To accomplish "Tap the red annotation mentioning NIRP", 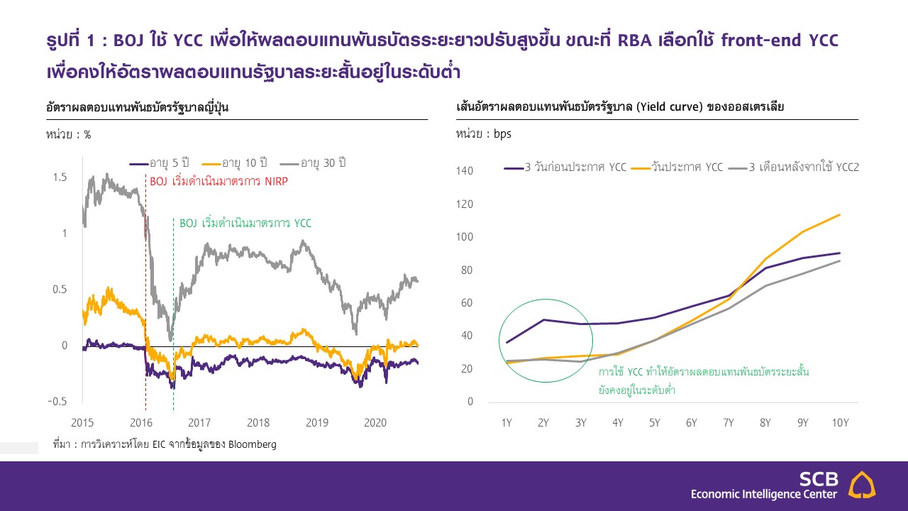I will tap(219, 182).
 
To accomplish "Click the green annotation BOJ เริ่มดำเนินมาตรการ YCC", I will tap(245, 223).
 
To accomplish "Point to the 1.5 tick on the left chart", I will tap(60, 177).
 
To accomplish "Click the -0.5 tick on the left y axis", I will tap(57, 402).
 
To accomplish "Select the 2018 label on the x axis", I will tap(258, 423).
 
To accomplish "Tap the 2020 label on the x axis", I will tap(375, 423).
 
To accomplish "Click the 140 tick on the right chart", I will tap(465, 171).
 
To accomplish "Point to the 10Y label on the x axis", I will tap(840, 423).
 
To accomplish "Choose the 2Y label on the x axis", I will tap(543, 423).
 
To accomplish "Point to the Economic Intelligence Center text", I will tap(764, 494).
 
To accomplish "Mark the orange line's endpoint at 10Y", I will tap(840, 214).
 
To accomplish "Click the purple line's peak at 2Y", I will tap(543, 319).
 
